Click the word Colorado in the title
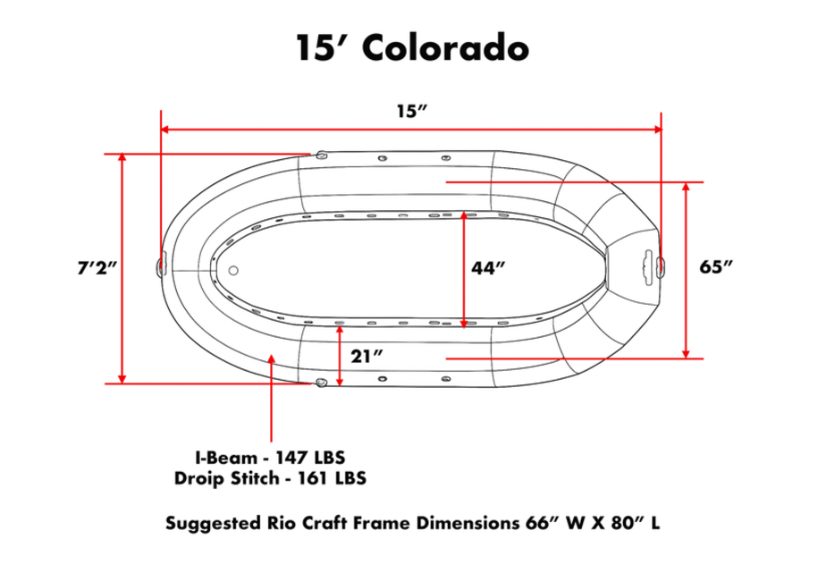[446, 47]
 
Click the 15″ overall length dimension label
[411, 112]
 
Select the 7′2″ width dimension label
[97, 268]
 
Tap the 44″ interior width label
[488, 268]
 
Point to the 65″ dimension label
[716, 267]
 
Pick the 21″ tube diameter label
[367, 357]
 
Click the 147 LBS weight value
[311, 458]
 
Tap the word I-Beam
[226, 458]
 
